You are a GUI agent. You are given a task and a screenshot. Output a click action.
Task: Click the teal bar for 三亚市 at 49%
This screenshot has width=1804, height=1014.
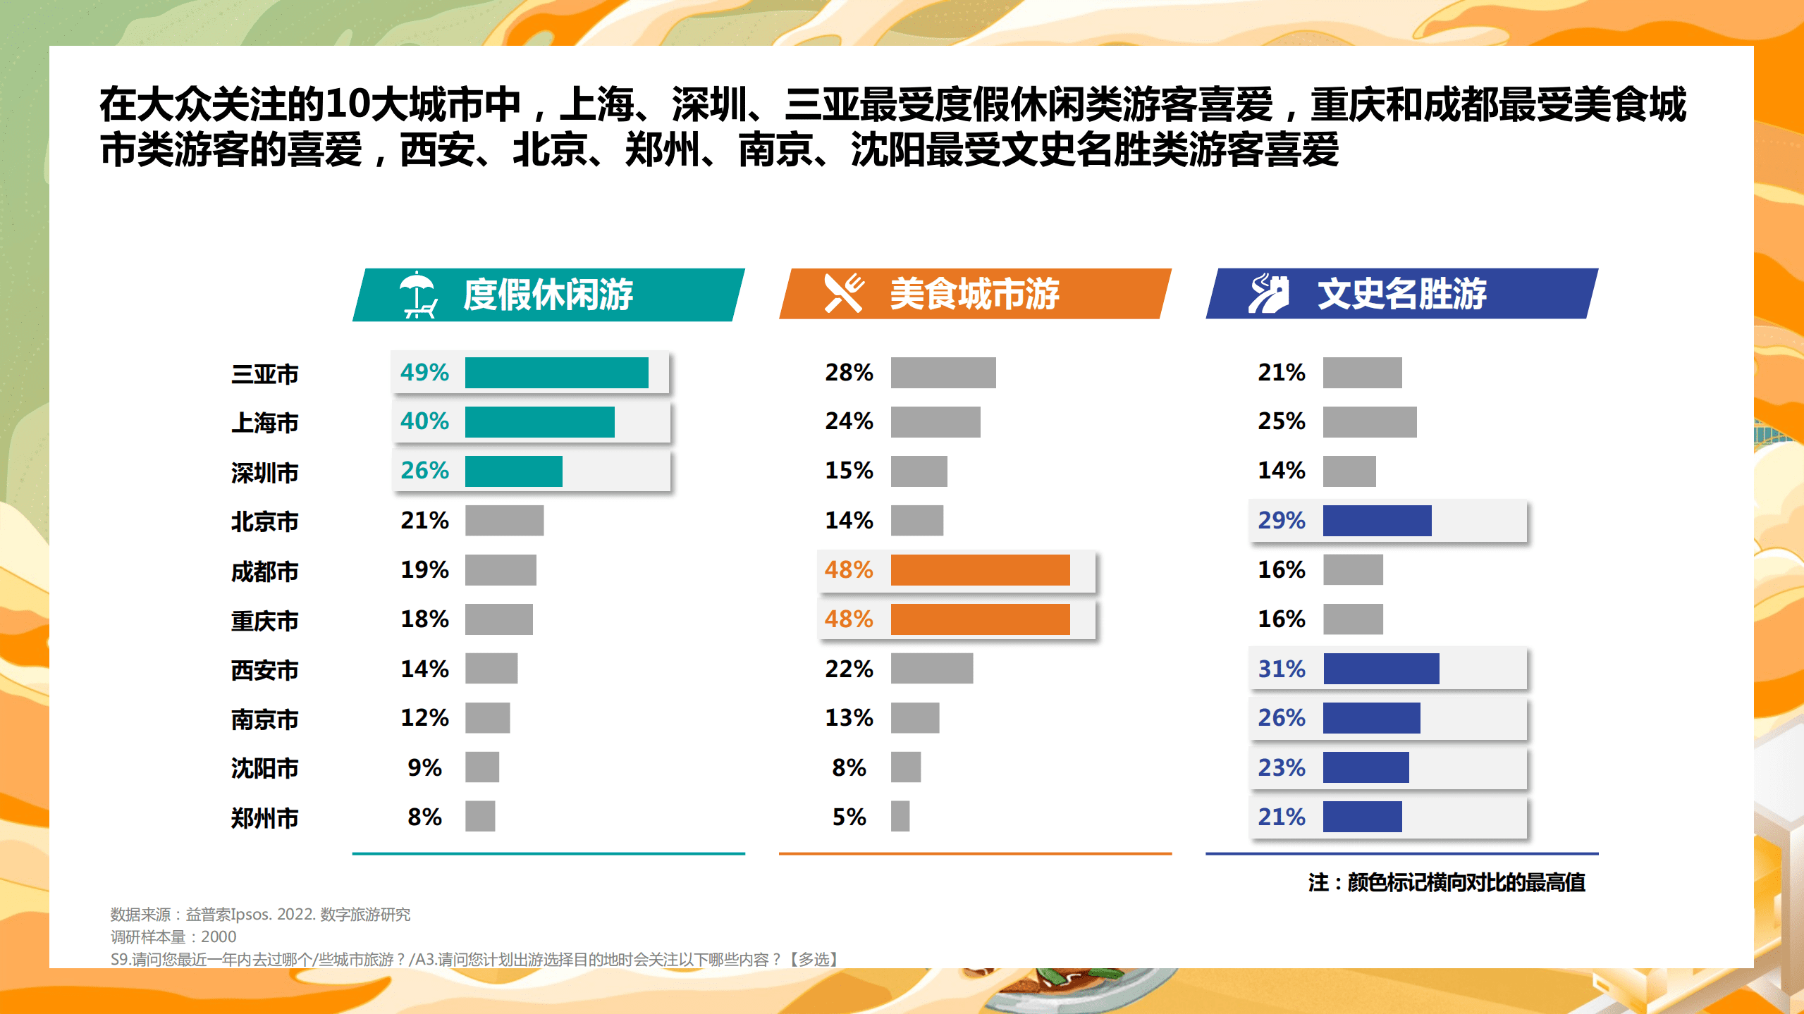[x=556, y=373]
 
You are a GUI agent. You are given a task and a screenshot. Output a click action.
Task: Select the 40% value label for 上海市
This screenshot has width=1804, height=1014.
[x=424, y=421]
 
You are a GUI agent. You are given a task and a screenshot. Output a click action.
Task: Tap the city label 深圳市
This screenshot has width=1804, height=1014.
[x=265, y=472]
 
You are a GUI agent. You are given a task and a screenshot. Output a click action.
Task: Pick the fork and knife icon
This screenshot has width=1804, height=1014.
[x=844, y=293]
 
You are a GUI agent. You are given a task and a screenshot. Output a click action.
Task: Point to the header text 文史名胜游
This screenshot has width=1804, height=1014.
[x=1401, y=293]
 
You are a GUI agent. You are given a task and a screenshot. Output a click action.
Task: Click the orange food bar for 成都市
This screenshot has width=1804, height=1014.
[x=980, y=570]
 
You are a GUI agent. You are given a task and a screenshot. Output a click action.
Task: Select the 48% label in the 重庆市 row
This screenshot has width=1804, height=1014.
[x=849, y=619]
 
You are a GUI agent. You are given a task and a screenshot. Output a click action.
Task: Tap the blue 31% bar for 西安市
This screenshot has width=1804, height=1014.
[x=1381, y=669]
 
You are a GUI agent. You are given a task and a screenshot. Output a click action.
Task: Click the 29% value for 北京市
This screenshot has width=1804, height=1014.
[x=1281, y=521]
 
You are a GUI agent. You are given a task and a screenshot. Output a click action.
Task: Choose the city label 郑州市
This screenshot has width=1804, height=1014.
[x=265, y=818]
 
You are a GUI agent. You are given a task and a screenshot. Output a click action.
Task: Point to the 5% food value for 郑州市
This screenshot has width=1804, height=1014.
[x=849, y=817]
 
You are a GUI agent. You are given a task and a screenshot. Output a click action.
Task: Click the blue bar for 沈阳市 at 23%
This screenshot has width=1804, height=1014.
[x=1366, y=767]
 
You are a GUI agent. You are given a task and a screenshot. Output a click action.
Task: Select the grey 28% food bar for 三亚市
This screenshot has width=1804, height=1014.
[x=943, y=373]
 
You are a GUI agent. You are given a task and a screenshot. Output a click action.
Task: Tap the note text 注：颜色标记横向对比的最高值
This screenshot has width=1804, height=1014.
[x=1447, y=882]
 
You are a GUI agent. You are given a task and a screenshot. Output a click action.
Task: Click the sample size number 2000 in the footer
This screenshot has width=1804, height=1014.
[x=219, y=937]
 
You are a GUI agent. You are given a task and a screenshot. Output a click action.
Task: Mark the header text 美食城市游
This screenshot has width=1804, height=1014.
[x=974, y=293]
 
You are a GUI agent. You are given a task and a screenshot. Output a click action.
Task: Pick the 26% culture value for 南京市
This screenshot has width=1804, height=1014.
[x=1281, y=718]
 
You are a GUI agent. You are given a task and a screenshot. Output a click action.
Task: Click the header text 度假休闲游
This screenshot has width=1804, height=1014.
[x=548, y=295]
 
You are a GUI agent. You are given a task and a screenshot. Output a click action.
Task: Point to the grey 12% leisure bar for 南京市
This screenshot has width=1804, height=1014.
[x=487, y=718]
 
